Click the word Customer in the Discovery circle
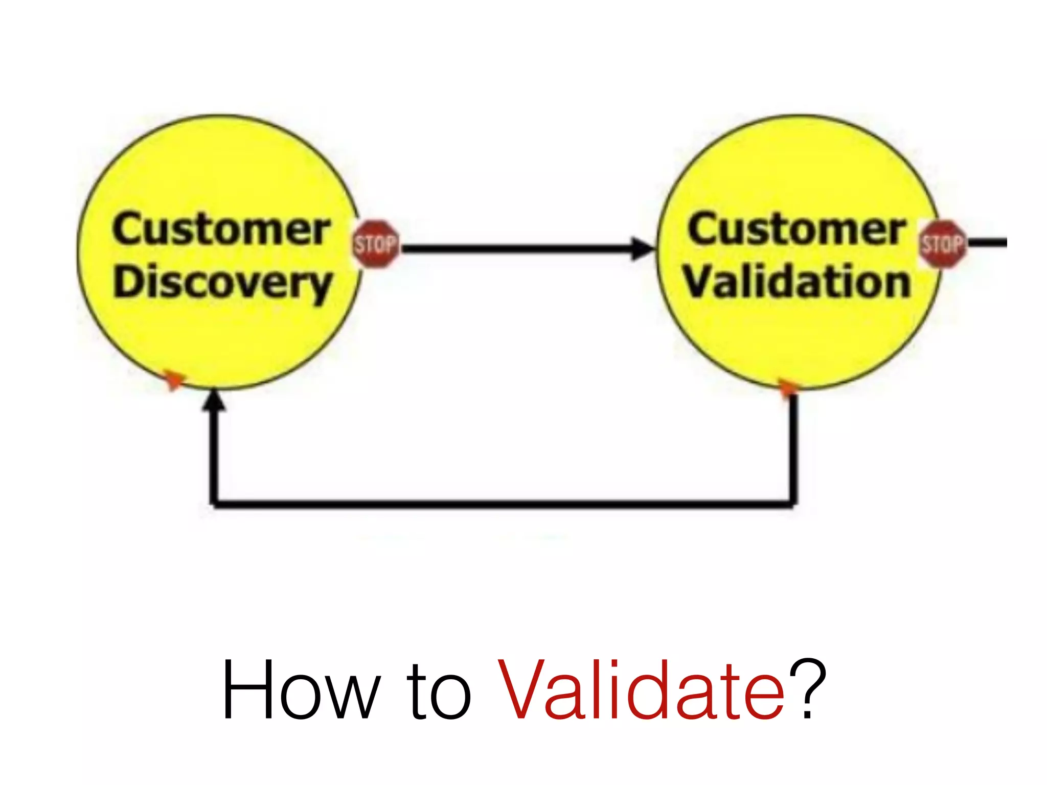point(221,229)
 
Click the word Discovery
point(223,283)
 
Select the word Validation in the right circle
point(798,282)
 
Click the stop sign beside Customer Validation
point(943,244)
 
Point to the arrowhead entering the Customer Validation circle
point(642,249)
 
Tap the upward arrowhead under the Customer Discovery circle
point(214,401)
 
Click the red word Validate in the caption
point(641,690)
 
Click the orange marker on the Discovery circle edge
point(174,380)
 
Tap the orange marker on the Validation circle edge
point(788,387)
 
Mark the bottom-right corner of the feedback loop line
point(793,504)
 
